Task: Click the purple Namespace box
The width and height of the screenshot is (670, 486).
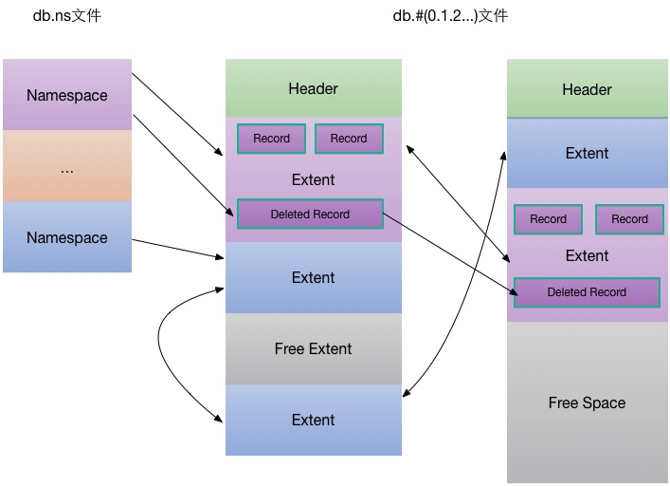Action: click(x=67, y=95)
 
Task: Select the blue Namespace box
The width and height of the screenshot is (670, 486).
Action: click(x=67, y=237)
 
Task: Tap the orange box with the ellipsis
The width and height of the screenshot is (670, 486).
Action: click(x=67, y=166)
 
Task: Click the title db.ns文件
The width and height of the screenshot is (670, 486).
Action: click(x=67, y=16)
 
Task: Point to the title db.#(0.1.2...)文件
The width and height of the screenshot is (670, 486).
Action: click(x=450, y=16)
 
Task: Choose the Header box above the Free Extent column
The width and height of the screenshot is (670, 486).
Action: click(x=314, y=88)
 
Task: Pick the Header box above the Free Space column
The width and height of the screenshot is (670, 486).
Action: click(x=588, y=88)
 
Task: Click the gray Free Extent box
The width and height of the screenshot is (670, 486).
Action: click(x=314, y=348)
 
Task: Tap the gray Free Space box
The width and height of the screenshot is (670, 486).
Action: click(x=588, y=402)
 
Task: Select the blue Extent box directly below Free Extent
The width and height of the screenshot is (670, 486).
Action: click(x=314, y=420)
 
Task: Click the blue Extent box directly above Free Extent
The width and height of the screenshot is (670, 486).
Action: click(x=314, y=278)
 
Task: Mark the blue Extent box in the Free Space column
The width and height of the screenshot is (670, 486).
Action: click(x=588, y=153)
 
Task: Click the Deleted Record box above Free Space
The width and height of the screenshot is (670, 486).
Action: click(x=587, y=292)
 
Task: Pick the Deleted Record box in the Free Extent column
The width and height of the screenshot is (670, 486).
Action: click(x=310, y=214)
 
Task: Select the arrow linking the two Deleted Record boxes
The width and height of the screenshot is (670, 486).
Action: click(x=450, y=254)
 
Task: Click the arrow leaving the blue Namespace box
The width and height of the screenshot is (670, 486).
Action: click(x=178, y=249)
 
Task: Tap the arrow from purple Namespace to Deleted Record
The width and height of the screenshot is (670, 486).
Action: click(x=183, y=165)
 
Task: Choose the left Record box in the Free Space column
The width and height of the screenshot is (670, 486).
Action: click(x=548, y=219)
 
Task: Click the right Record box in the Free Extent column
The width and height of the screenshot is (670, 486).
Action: click(x=349, y=139)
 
